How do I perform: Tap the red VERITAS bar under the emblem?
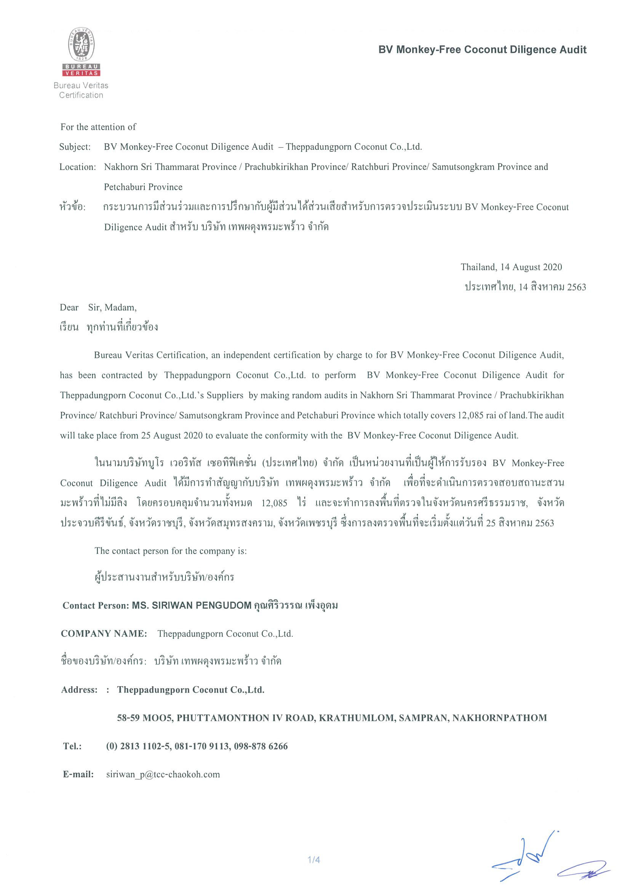click(81, 73)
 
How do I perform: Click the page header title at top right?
click(482, 50)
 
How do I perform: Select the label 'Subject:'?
click(75, 147)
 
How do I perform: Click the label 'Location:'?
click(78, 167)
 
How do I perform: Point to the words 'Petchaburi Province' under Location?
click(143, 187)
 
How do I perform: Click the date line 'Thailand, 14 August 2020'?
click(511, 267)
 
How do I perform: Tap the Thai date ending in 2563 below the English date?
click(525, 287)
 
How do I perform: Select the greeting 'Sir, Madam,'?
click(112, 308)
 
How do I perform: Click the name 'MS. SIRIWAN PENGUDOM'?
click(192, 605)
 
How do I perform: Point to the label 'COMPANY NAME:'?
click(104, 634)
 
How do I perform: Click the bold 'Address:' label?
click(79, 690)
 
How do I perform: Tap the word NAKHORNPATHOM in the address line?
click(499, 717)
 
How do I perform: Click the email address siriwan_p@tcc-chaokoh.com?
click(163, 774)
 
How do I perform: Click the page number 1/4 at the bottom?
click(313, 860)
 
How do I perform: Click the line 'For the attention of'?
click(98, 127)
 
